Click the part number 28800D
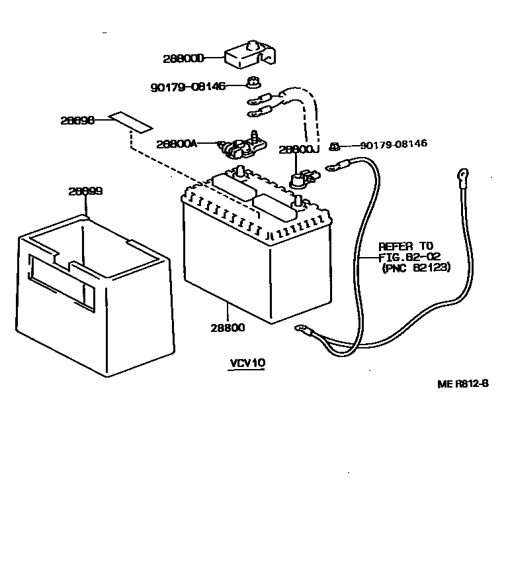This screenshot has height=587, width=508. (x=183, y=58)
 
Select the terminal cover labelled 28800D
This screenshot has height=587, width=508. (x=249, y=55)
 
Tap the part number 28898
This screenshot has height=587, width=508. (x=77, y=121)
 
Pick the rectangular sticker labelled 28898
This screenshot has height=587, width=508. (x=131, y=121)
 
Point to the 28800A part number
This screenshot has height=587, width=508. (x=177, y=143)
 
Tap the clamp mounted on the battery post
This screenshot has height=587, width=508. (x=303, y=180)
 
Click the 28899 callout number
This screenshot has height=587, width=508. (x=85, y=191)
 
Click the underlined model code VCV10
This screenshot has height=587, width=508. (x=246, y=363)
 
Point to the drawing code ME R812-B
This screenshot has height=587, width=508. (x=462, y=384)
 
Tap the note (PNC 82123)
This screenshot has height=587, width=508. (x=416, y=268)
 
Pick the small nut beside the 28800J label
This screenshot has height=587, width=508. (x=335, y=144)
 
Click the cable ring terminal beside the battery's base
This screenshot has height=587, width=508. (x=304, y=327)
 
